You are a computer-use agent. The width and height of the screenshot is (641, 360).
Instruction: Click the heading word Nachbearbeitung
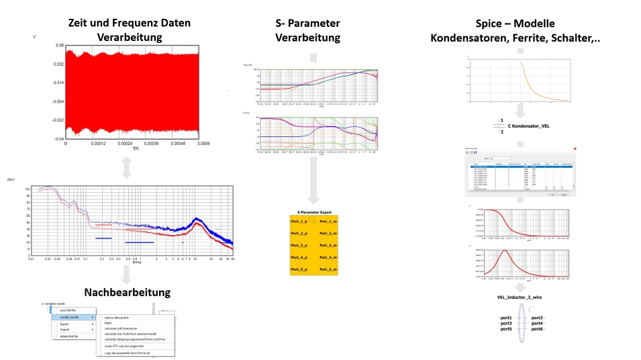[128, 292]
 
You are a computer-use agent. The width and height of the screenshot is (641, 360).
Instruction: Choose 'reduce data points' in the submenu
[119, 318]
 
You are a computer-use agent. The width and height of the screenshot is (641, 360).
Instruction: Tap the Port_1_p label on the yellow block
[299, 221]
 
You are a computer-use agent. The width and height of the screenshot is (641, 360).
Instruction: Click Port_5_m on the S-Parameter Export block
[328, 270]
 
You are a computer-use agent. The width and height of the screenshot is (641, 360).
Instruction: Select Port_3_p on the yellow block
[299, 245]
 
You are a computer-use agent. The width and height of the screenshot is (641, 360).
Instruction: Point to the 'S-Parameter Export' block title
[313, 210]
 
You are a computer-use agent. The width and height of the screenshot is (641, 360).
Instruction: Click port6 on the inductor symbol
[537, 329]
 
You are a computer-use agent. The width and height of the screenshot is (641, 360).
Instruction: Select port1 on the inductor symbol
[505, 317]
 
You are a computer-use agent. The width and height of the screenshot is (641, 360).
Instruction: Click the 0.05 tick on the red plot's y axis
[60, 46]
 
